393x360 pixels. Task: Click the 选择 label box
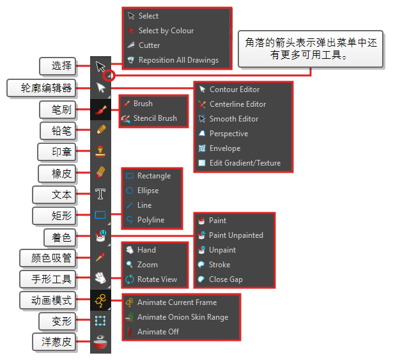57,66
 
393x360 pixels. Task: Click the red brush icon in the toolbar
100,109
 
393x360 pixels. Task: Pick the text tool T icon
100,194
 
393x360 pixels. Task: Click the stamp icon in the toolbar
100,152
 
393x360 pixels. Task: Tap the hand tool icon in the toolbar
100,278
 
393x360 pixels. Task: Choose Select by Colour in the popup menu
166,31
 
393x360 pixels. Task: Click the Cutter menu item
149,45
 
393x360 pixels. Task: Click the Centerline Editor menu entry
238,104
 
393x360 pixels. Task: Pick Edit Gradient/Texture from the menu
245,163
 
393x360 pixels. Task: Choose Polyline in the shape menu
150,220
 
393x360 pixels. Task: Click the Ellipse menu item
148,191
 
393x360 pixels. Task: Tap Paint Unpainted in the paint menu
235,235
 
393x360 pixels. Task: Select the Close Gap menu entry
226,279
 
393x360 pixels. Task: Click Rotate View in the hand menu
157,279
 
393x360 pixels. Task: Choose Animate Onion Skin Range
182,317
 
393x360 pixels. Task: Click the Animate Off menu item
158,332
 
